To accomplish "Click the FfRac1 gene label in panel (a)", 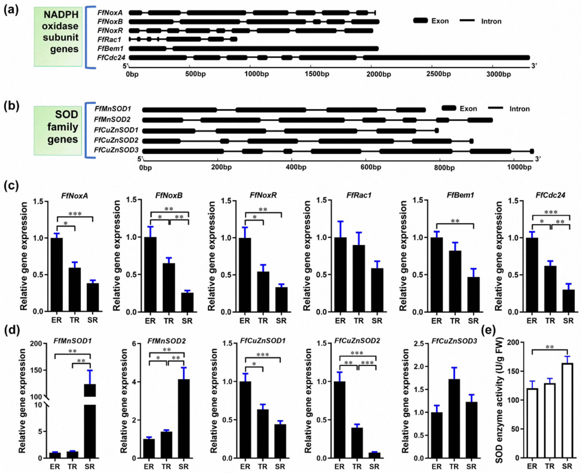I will [109, 40].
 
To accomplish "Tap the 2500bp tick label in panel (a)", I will [439, 74].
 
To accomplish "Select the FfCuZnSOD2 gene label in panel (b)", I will [116, 140].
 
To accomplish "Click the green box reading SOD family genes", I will [58, 131].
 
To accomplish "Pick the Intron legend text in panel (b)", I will [519, 109].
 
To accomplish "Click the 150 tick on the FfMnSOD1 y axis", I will [36, 370].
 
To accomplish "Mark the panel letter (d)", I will [11, 331].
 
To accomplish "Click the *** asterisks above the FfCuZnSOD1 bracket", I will [263, 355].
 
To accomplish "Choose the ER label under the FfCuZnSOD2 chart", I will [340, 466].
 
